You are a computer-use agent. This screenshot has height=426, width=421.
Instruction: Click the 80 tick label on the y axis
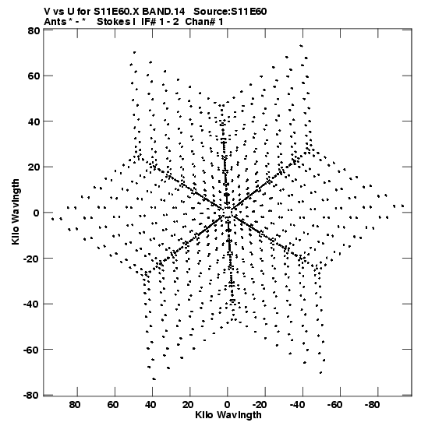click(34, 30)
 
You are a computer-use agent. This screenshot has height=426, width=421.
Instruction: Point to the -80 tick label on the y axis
click(32, 396)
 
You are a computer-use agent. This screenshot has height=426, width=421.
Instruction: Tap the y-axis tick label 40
click(34, 121)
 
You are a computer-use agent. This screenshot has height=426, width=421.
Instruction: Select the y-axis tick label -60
click(32, 350)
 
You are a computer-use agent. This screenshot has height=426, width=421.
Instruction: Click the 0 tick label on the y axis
click(37, 213)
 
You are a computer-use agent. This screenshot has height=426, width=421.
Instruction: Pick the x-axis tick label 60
click(112, 405)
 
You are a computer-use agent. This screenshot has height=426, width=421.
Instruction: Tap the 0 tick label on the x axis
click(227, 405)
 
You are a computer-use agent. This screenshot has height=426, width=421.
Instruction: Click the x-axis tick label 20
click(188, 405)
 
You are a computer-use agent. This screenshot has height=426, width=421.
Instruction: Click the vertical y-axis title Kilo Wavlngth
click(16, 212)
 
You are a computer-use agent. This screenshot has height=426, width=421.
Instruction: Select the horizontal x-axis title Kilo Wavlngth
click(228, 415)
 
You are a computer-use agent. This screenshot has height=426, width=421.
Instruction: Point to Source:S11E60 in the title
click(230, 12)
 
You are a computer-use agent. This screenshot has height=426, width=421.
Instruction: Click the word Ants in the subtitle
click(55, 22)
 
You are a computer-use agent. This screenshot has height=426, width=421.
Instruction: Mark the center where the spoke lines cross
click(227, 212)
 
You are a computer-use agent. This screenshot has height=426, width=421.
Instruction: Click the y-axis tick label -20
click(32, 259)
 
